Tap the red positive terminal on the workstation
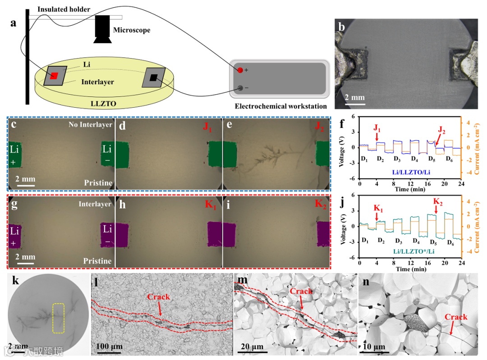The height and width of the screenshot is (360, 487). (x=240, y=70)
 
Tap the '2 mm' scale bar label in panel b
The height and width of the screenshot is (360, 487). (x=355, y=97)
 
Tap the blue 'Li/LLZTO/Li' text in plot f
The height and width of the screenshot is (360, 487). (x=404, y=172)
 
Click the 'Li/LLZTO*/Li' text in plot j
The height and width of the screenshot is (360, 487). (x=404, y=251)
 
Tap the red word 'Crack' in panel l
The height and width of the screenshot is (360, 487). (x=159, y=296)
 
